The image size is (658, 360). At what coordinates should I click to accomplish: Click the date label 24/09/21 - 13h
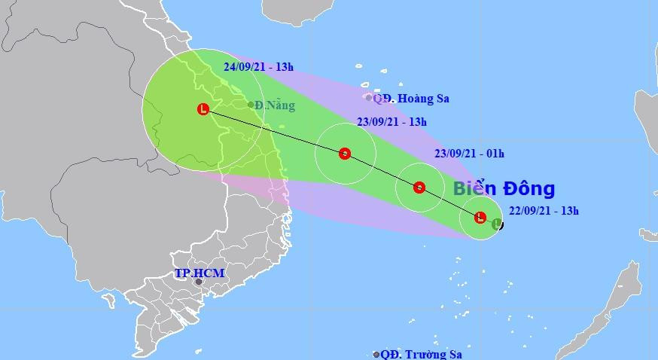click(258, 66)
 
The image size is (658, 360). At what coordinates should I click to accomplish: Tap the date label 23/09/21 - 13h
click(391, 121)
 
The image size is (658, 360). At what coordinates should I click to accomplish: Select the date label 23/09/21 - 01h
click(470, 153)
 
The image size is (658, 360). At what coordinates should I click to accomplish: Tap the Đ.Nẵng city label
click(275, 105)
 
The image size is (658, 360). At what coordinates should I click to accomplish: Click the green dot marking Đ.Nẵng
click(251, 105)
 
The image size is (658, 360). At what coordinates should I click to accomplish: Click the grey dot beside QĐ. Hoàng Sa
click(368, 97)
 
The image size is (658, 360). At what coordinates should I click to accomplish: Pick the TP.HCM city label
click(200, 273)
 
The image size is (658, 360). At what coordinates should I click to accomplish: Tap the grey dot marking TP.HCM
click(199, 282)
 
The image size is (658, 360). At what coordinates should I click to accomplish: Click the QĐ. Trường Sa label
click(422, 354)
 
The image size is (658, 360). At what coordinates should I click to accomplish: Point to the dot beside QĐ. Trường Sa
click(376, 354)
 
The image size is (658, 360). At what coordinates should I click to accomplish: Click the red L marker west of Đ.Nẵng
click(203, 110)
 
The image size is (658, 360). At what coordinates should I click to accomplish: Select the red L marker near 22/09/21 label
click(480, 218)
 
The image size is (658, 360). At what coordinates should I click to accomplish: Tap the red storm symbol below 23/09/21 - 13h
click(344, 154)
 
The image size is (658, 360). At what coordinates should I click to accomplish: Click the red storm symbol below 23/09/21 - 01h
click(419, 188)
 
